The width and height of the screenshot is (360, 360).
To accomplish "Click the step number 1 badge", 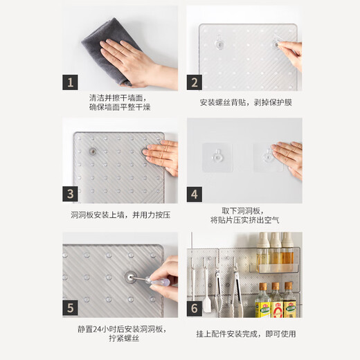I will [70, 82].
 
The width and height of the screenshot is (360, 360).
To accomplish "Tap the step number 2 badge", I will [195, 82].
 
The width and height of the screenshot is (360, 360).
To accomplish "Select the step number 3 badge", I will [70, 194].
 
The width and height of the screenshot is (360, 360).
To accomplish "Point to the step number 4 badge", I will [195, 194].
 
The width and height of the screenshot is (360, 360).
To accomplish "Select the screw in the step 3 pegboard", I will [92, 151].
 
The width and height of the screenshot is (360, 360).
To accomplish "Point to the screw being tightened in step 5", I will [130, 275].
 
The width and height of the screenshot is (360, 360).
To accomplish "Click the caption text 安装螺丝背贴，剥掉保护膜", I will [246, 102].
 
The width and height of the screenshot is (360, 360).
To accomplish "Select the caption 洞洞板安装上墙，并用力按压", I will [120, 215].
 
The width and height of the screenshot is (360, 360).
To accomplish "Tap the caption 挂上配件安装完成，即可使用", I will [246, 334].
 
